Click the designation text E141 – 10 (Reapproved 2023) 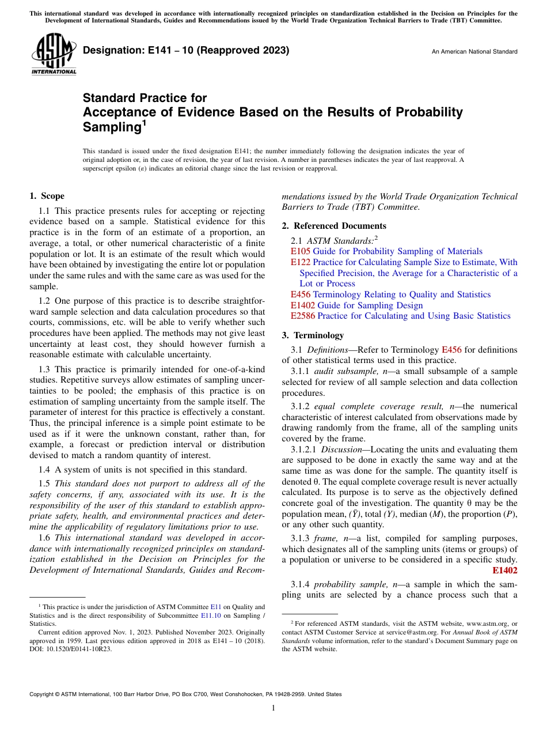186,51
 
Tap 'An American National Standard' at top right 474,52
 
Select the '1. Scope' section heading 47,196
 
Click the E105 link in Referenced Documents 300,251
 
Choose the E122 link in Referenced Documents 300,262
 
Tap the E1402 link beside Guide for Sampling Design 303,305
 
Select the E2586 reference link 303,316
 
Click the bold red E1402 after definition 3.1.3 505,570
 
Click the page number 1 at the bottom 273,708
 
